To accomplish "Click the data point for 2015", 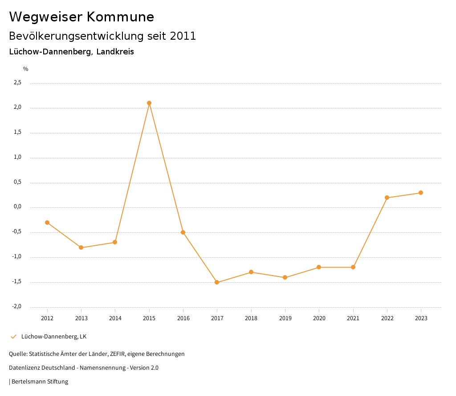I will (149, 103).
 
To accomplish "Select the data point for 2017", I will (217, 282).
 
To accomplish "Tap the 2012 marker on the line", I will (47, 223).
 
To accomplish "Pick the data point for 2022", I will (387, 198).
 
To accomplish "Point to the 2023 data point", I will (421, 193).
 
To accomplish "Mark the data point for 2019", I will (285, 277).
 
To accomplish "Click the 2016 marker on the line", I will (183, 232).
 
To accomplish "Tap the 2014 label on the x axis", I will (115, 318).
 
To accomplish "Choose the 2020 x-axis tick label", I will (319, 318).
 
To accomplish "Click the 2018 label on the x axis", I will (251, 318).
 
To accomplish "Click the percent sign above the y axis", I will (26, 69).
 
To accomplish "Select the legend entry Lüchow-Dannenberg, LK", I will (54, 337).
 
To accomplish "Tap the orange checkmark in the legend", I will (13, 337).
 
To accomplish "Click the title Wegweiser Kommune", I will (81, 17).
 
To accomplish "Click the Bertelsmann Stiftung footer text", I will (40, 382).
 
